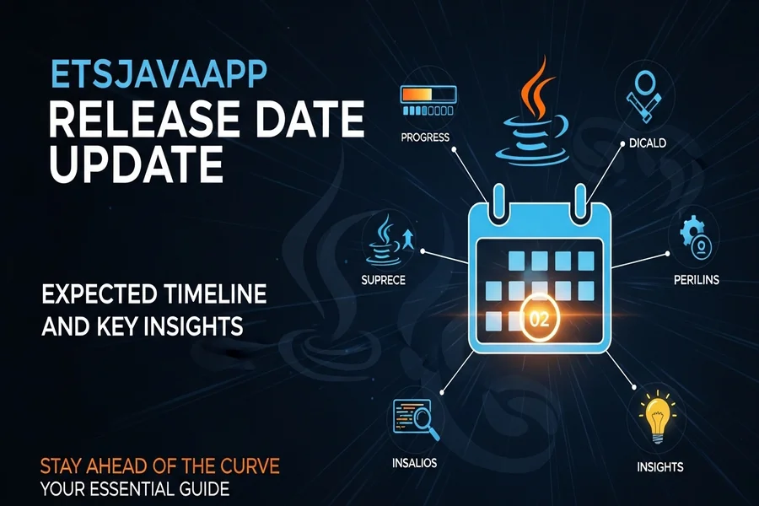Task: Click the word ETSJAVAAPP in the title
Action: [x=159, y=73]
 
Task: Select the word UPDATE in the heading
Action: [x=136, y=163]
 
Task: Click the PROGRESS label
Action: [x=425, y=137]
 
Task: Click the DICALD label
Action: [x=648, y=143]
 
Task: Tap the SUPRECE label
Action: [x=383, y=280]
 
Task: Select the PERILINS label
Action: [x=696, y=280]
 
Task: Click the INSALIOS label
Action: [x=414, y=463]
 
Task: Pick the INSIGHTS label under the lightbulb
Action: [x=659, y=466]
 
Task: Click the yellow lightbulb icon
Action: [x=657, y=417]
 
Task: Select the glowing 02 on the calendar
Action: [x=539, y=320]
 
